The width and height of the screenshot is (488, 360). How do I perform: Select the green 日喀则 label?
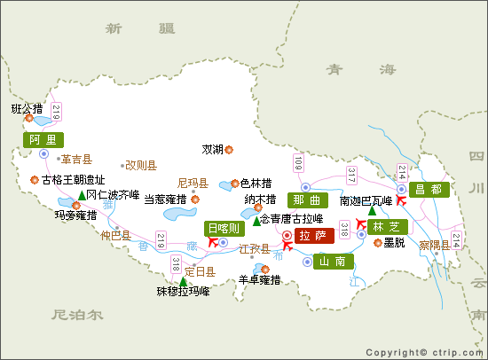(x=224, y=228)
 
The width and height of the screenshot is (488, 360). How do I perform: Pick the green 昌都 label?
(x=429, y=190)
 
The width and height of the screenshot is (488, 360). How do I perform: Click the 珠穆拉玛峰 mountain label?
(x=183, y=292)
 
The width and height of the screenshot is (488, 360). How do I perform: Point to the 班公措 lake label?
(x=27, y=110)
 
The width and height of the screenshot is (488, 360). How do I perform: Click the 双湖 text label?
(x=213, y=149)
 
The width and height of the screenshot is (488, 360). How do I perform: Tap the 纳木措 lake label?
(x=260, y=199)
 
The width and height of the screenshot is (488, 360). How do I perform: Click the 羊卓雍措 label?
(x=260, y=280)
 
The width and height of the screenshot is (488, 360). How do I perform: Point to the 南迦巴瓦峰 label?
(x=366, y=200)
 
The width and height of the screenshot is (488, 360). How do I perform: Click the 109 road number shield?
(x=298, y=163)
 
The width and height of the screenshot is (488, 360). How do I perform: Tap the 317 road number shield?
(x=352, y=176)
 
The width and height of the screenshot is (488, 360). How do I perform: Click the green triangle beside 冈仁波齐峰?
(x=82, y=195)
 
